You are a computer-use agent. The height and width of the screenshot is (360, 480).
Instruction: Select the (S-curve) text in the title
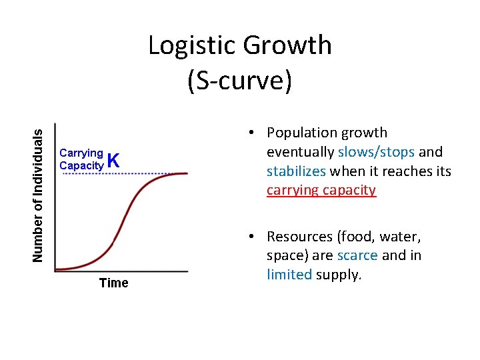[x=239, y=80]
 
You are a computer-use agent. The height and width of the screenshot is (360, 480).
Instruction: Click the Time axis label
[x=113, y=283]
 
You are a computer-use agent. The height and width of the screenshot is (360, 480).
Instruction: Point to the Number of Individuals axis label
[x=40, y=195]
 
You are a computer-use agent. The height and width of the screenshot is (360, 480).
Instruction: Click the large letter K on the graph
[x=113, y=160]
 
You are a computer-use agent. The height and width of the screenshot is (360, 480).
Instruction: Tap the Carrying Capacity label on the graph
[x=81, y=158]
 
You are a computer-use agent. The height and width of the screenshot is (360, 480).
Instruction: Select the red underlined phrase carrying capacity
[x=321, y=190]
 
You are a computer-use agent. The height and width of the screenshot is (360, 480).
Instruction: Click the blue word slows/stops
[x=377, y=152]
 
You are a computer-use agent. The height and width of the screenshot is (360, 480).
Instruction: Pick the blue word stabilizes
[x=295, y=171]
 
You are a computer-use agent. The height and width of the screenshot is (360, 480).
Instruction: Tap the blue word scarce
[x=357, y=255]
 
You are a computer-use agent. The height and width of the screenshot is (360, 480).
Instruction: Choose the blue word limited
[x=289, y=274]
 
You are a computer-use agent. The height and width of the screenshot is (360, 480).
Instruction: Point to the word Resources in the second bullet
[x=299, y=237]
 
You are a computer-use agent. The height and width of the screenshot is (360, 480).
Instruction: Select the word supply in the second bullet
[x=338, y=274]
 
